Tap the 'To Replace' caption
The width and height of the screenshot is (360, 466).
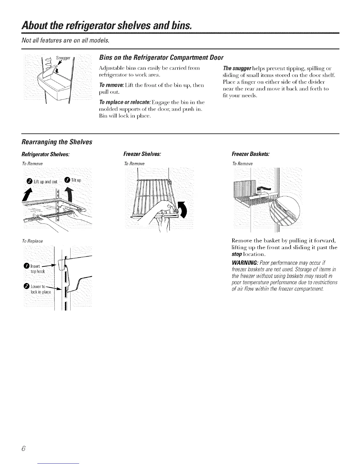click(x=32, y=241)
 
